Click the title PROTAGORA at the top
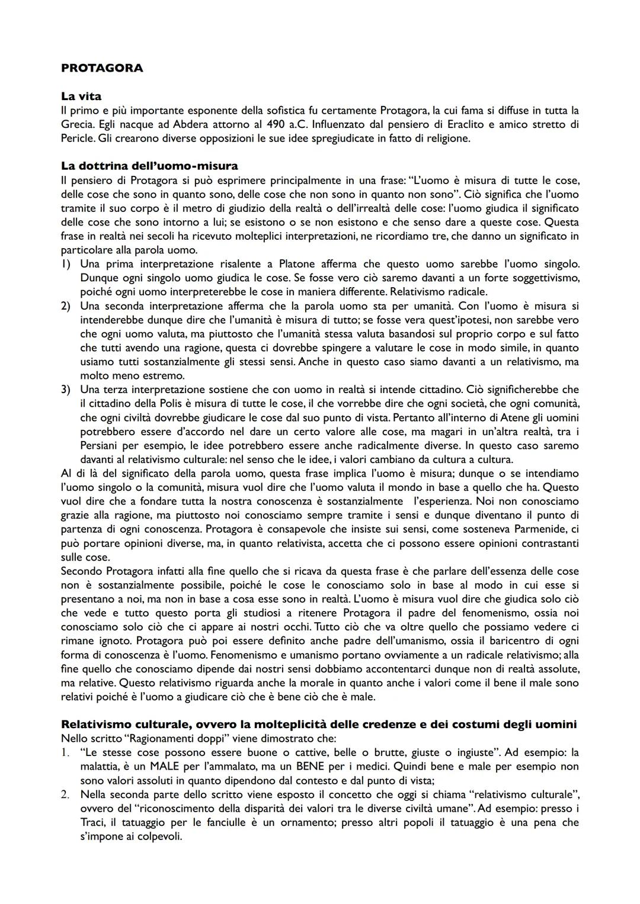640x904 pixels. click(102, 68)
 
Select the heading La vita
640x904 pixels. click(81, 96)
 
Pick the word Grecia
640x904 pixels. click(77, 124)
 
